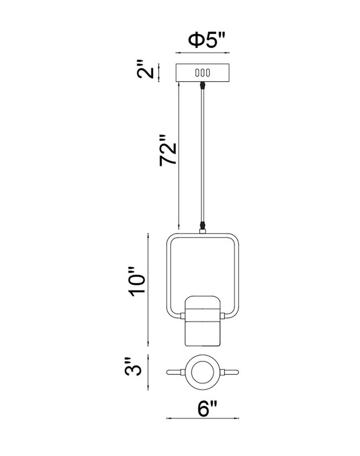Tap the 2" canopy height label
click(x=145, y=70)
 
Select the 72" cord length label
click(x=168, y=150)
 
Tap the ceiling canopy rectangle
click(x=203, y=73)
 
